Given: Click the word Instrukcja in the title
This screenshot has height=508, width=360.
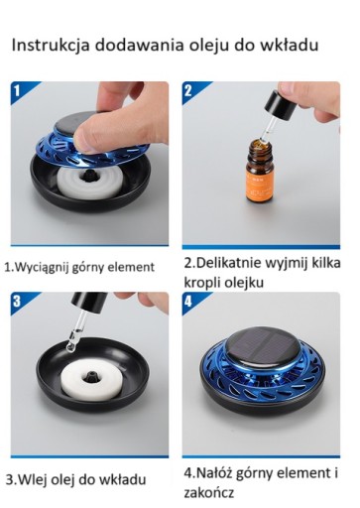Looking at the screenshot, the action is click(x=51, y=45).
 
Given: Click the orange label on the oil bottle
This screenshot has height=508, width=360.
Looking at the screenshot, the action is click(x=260, y=184).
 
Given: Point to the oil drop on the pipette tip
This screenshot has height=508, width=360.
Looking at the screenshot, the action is click(x=70, y=346).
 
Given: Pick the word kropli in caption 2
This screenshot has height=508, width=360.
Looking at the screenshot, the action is click(x=201, y=284).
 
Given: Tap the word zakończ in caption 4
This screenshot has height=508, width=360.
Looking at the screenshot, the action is click(x=209, y=492).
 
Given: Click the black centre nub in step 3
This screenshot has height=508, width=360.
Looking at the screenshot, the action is click(x=90, y=376).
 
